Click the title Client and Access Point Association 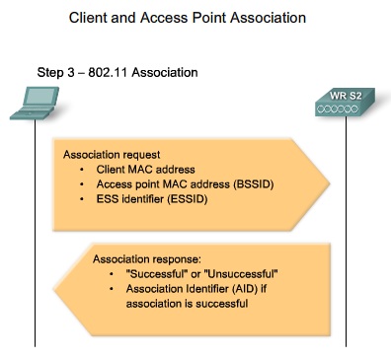(x=195, y=17)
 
